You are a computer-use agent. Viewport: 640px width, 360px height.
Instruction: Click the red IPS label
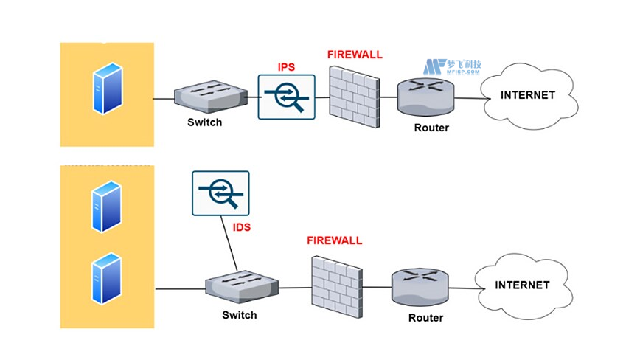[286, 67]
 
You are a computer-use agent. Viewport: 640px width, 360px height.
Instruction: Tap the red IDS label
[242, 228]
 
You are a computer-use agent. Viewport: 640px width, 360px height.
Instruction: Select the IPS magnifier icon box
[287, 97]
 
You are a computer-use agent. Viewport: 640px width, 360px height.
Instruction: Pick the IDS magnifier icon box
[220, 193]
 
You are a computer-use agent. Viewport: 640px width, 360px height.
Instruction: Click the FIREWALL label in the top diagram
[355, 55]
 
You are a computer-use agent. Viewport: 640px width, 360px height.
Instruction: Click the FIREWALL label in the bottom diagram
[334, 240]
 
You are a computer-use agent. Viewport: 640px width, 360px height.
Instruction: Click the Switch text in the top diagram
[204, 122]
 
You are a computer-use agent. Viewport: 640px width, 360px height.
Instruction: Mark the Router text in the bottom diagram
[425, 318]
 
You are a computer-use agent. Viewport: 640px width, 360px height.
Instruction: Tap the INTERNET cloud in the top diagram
[527, 96]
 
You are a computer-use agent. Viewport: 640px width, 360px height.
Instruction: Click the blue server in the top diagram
[105, 90]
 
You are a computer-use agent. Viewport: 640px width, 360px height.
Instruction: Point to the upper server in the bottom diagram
[105, 208]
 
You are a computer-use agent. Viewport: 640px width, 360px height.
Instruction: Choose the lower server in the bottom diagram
[105, 278]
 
